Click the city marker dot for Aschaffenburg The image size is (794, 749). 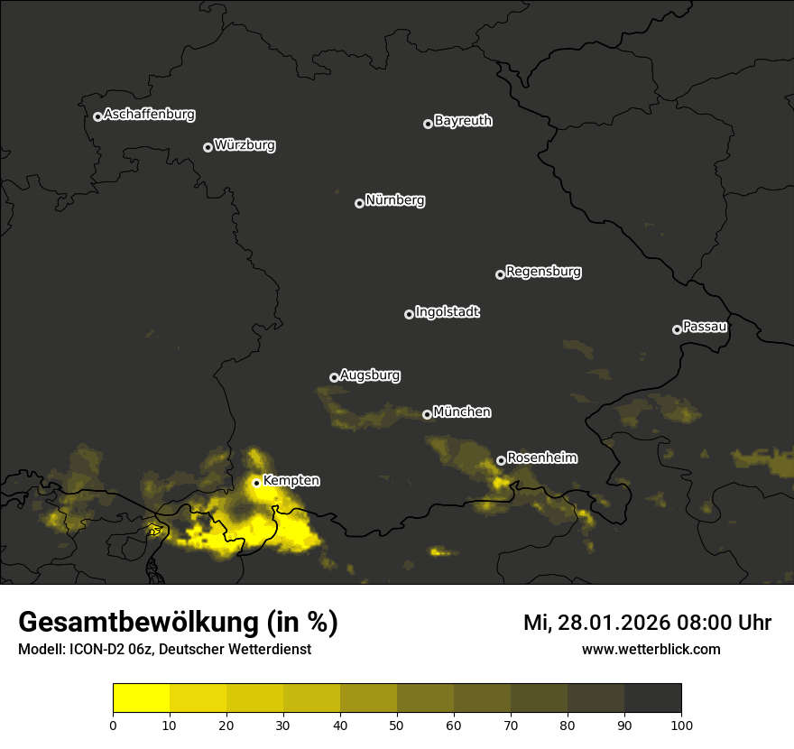pyautogui.click(x=97, y=116)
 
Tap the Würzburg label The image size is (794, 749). pyautogui.click(x=245, y=145)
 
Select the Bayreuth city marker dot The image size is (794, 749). pyautogui.click(x=428, y=124)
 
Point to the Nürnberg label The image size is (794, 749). pyautogui.click(x=395, y=200)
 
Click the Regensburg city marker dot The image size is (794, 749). pyautogui.click(x=500, y=274)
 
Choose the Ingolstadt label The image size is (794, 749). pyautogui.click(x=448, y=312)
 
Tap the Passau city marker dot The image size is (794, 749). pyautogui.click(x=677, y=329)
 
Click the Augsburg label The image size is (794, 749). pyautogui.click(x=370, y=374)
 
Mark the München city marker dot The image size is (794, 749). pyautogui.click(x=427, y=415)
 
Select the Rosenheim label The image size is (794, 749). pyautogui.click(x=541, y=458)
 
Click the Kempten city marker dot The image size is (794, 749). pyautogui.click(x=256, y=483)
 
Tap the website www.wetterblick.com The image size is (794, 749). pyautogui.click(x=651, y=649)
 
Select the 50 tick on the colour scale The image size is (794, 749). pyautogui.click(x=397, y=725)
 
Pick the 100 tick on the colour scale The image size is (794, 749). pyautogui.click(x=681, y=725)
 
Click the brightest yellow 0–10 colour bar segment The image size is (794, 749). pyautogui.click(x=141, y=698)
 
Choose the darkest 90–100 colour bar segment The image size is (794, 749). pyautogui.click(x=652, y=698)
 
